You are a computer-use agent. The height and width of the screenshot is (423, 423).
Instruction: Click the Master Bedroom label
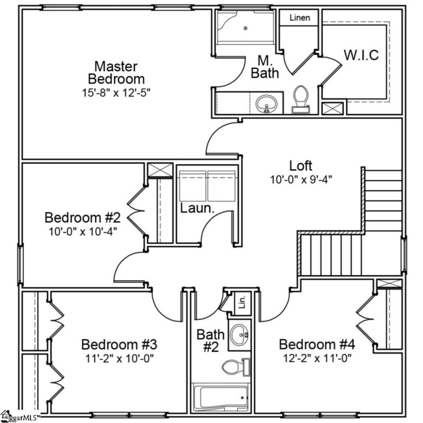click(116, 73)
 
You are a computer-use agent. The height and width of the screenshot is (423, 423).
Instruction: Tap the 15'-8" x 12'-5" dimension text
click(116, 92)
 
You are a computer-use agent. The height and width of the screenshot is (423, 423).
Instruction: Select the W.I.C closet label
click(361, 55)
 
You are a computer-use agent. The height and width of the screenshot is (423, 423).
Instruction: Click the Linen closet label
click(300, 18)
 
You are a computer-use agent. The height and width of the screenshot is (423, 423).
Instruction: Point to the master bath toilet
click(301, 99)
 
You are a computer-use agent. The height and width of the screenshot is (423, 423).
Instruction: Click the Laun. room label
click(197, 208)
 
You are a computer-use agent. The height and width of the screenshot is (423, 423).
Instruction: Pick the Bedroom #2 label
click(83, 217)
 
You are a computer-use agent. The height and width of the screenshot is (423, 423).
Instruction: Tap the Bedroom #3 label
click(118, 345)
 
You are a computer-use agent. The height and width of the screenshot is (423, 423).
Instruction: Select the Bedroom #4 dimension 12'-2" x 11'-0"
click(316, 357)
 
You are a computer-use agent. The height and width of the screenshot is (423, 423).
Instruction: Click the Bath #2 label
click(210, 341)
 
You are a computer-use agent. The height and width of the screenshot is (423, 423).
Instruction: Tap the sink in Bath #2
click(241, 333)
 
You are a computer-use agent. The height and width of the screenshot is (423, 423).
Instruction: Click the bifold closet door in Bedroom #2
click(135, 212)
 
